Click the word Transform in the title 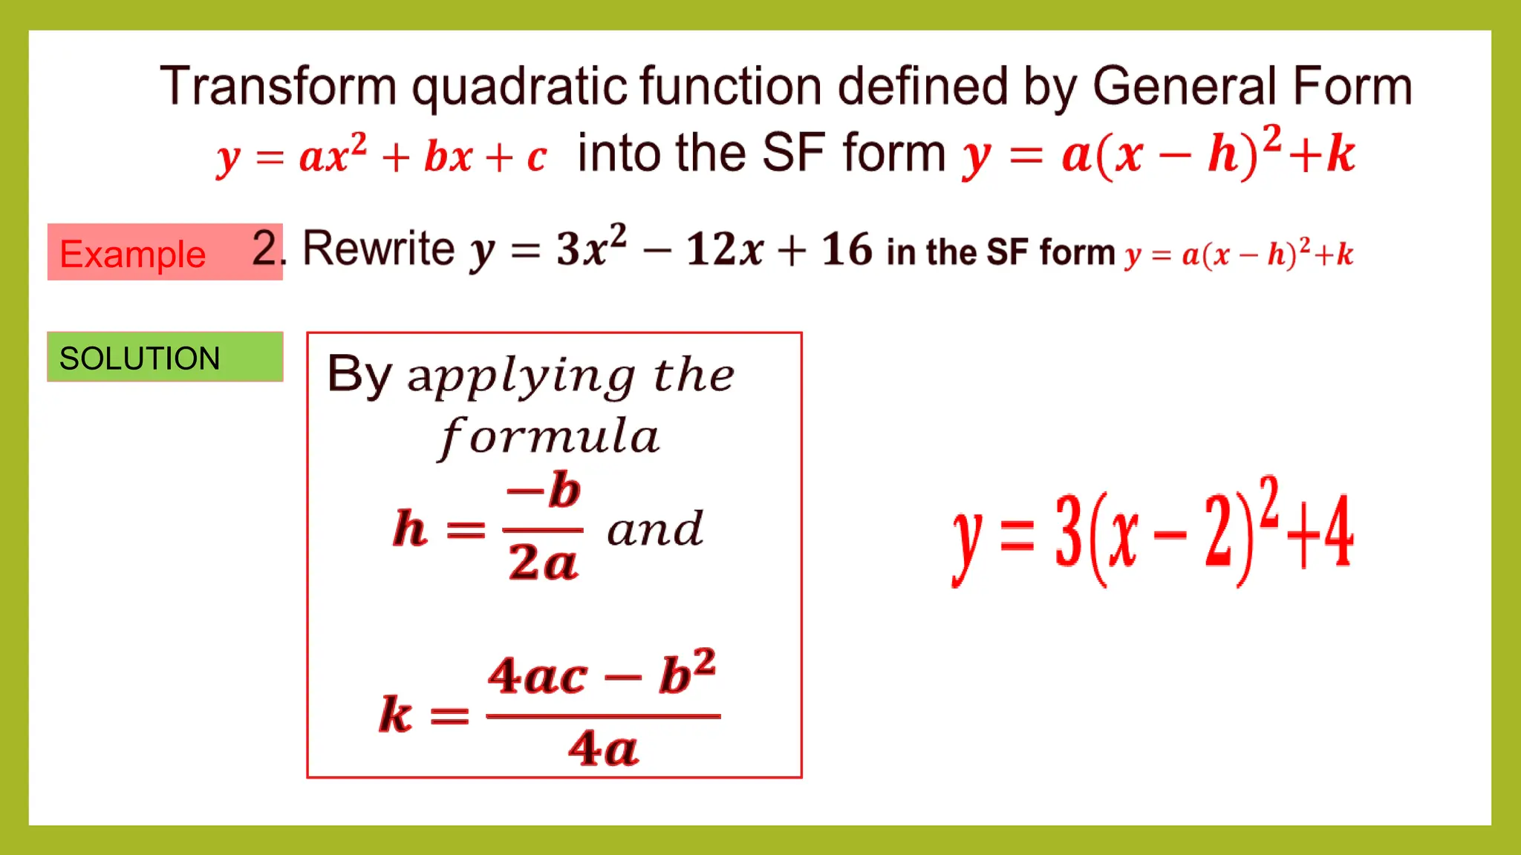pos(279,86)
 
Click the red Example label pos(132,254)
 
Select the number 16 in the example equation pos(846,249)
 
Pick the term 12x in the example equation pos(724,249)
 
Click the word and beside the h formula pos(654,530)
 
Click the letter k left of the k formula pos(395,715)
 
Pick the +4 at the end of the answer pos(1322,532)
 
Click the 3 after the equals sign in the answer pos(1069,532)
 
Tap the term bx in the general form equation pos(448,157)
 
